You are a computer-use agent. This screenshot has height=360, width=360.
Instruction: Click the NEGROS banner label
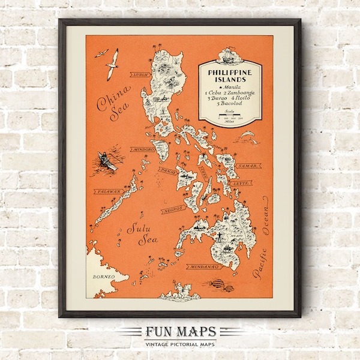click(x=171, y=211)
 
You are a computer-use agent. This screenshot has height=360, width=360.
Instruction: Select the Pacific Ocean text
click(x=263, y=241)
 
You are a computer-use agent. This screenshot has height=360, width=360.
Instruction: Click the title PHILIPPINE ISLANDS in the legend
click(x=230, y=76)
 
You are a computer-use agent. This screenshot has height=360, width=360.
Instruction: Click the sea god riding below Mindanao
click(x=179, y=290)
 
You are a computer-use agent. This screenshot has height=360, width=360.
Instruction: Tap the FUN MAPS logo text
click(x=179, y=332)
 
